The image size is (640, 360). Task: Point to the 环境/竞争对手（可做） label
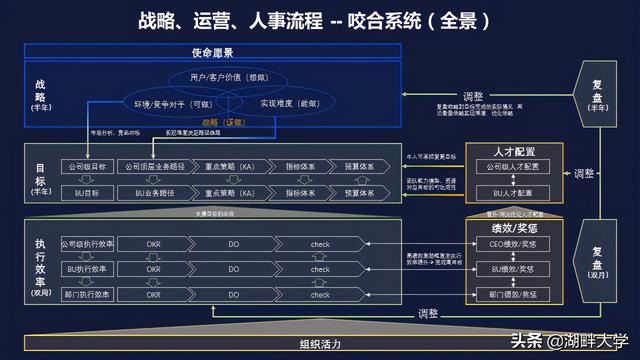pos(173,104)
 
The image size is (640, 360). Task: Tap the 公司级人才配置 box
pos(515,166)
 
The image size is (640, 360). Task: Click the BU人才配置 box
pos(515,191)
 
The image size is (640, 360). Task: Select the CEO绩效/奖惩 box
pos(515,243)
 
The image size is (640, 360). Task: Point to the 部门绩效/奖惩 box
pos(515,295)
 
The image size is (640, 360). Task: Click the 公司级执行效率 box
pos(87,243)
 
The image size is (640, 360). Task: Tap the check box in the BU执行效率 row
pos(320,269)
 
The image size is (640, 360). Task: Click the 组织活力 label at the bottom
pos(320,344)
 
